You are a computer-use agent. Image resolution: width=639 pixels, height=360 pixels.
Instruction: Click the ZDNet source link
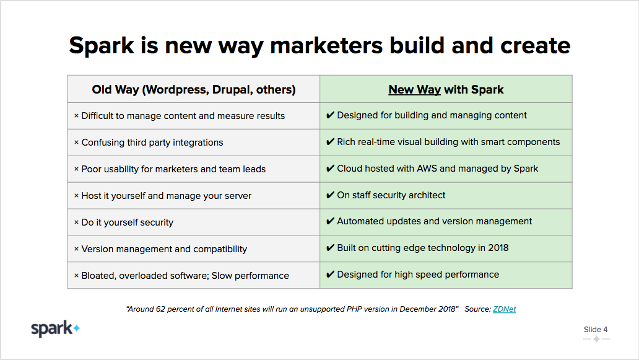pos(504,309)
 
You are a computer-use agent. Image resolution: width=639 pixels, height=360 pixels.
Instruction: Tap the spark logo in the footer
pos(56,328)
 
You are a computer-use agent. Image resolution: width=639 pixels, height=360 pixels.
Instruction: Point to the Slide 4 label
pos(596,330)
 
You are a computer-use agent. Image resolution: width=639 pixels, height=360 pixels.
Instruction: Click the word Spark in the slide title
pos(102,46)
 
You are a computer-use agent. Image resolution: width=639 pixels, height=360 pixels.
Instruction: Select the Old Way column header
pos(194,89)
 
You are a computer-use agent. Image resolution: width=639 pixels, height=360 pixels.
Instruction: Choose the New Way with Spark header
pos(446,89)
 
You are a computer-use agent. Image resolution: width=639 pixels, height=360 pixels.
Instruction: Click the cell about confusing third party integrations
pos(194,143)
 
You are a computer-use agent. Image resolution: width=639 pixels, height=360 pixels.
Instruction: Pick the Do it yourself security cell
pos(194,222)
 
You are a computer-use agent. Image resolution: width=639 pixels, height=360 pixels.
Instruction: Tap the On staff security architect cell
pos(446,195)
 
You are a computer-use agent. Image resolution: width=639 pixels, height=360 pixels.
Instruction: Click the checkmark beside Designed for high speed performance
pos(330,274)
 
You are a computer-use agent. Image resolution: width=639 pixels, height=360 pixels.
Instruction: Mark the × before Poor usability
pos(76,169)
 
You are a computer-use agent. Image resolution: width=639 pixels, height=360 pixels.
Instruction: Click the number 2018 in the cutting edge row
pos(498,248)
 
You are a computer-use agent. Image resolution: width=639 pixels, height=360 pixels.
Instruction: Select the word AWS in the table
pos(427,169)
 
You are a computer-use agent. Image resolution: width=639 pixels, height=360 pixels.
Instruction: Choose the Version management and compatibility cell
pos(194,248)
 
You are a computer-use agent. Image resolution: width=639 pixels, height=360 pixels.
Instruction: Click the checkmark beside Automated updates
pos(330,221)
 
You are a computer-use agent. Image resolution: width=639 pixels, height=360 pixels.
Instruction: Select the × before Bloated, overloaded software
pos(76,276)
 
